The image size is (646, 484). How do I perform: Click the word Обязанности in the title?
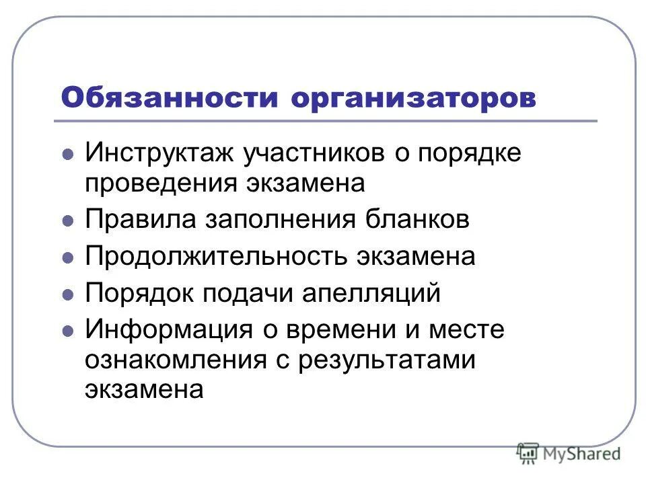pyautogui.click(x=170, y=97)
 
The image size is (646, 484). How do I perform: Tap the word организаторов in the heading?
pyautogui.click(x=414, y=97)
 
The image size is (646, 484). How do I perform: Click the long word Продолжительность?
pyautogui.click(x=214, y=257)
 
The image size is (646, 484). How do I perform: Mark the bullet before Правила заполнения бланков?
pyautogui.click(x=67, y=220)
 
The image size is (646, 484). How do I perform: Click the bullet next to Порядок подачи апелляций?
pyautogui.click(x=67, y=294)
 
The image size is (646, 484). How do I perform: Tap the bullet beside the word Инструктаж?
pyautogui.click(x=67, y=154)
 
